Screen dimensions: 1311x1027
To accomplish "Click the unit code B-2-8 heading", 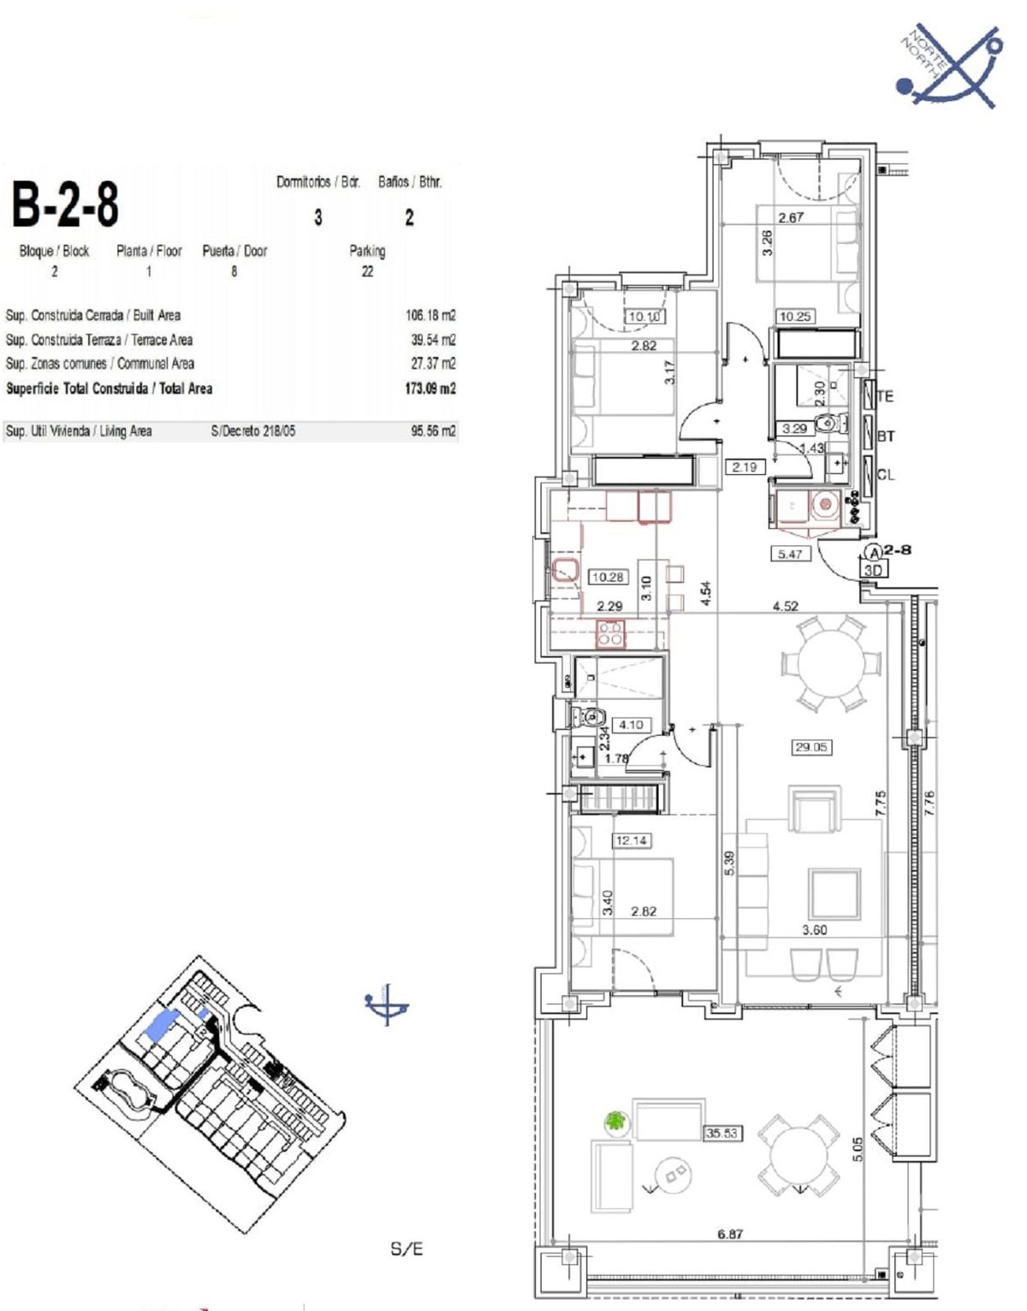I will (65, 204).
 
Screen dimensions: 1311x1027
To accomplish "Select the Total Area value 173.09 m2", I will (430, 389).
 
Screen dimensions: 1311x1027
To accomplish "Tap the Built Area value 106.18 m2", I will (430, 315).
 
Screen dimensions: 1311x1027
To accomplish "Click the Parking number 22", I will (367, 271).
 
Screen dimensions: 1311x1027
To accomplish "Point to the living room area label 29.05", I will (810, 747).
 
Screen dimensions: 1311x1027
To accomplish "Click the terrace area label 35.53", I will (721, 1133).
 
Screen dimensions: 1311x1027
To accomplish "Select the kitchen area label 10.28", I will (608, 577).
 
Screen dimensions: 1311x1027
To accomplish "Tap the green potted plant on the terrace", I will (614, 1121).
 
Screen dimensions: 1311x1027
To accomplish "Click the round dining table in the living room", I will (830, 663).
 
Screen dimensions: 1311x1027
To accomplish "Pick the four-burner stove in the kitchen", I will (610, 633).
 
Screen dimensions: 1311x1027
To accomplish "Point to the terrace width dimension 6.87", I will (730, 1234).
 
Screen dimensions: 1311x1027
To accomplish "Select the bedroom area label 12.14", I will (631, 840).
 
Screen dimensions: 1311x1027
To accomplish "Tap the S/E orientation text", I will (407, 1249).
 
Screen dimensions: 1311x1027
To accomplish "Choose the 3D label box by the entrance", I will (873, 570).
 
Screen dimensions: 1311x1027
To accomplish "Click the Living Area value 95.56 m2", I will (433, 431).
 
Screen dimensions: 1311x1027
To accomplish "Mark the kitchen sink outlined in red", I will (566, 569).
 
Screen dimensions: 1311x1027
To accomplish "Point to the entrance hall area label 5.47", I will (789, 554).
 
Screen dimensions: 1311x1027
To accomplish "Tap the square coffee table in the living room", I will (834, 893).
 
